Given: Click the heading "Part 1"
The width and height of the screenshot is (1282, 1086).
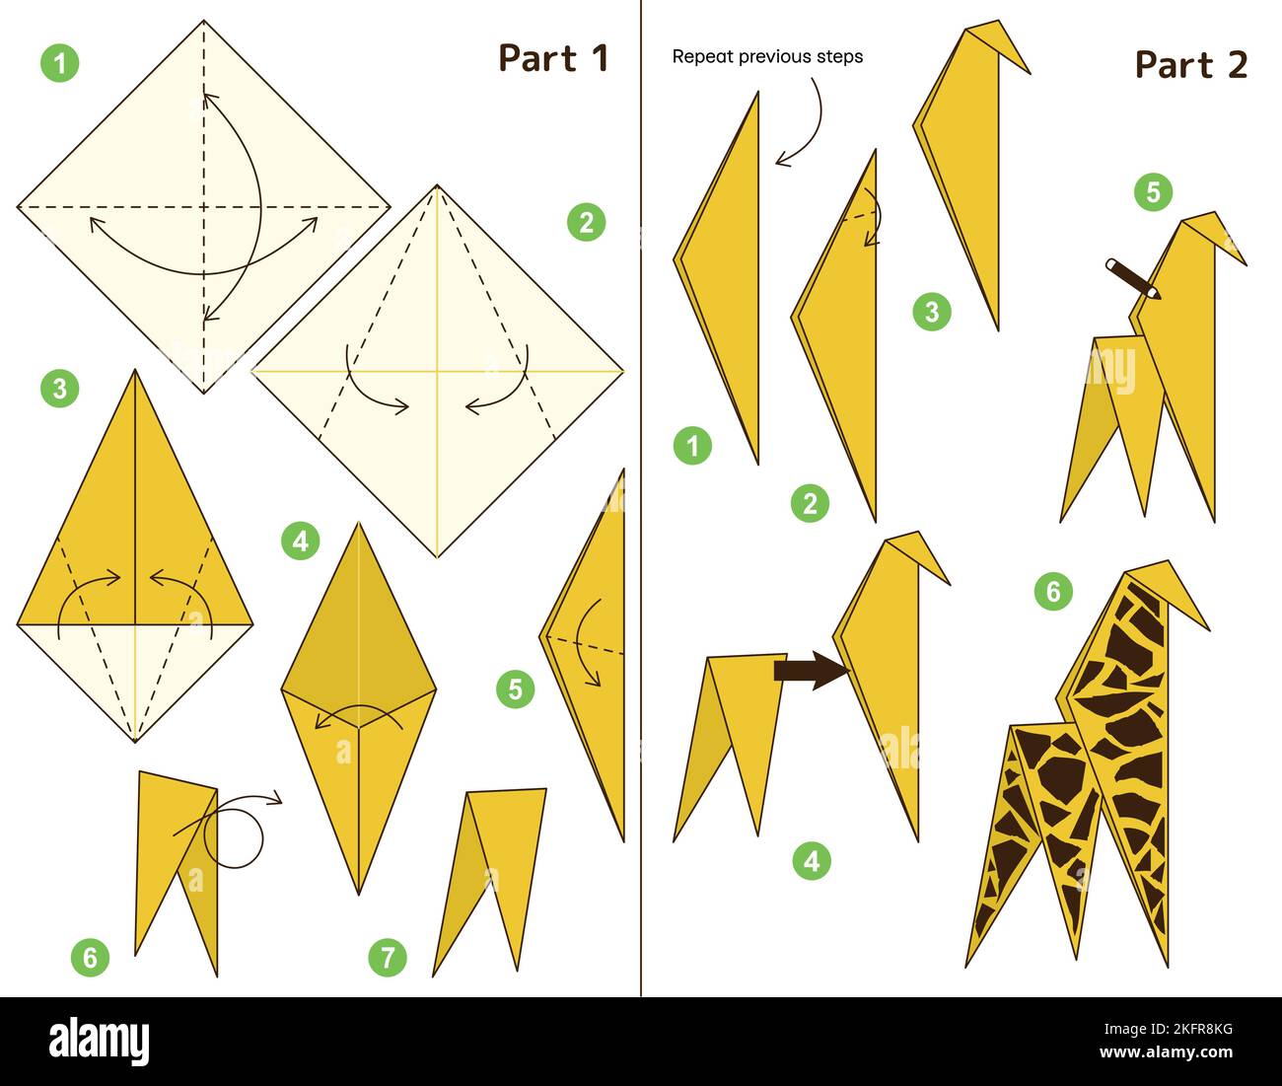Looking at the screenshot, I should point(553,58).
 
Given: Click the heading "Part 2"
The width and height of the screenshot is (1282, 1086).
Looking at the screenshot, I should point(1190,65).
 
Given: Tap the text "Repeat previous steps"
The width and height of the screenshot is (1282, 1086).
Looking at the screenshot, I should point(767,57).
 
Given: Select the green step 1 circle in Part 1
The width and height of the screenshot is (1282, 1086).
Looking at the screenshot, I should point(60,64).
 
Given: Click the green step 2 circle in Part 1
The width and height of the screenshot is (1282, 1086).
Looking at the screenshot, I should point(586,223).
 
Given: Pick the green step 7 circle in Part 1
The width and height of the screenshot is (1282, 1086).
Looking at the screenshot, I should point(388,957).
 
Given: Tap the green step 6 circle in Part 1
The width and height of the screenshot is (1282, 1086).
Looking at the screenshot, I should point(90,957).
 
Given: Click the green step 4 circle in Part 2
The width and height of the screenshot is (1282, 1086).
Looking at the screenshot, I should point(811,861).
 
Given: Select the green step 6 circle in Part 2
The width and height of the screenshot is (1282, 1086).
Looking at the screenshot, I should point(1053,591).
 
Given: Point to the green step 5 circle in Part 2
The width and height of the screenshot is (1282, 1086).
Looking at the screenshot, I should point(1153,191).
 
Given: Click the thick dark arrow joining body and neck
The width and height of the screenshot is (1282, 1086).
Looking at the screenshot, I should point(811,672).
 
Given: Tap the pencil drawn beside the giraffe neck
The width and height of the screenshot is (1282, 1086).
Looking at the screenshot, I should point(1132,278).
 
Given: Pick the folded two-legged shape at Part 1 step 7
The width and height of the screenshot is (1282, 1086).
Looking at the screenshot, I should point(490,868).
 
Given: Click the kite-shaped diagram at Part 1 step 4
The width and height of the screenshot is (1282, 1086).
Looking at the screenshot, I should point(359,705).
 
